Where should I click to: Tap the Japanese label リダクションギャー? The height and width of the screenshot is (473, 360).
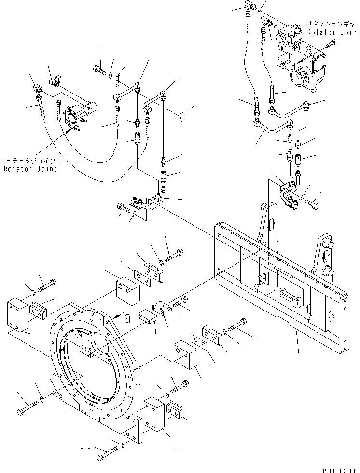(333, 23)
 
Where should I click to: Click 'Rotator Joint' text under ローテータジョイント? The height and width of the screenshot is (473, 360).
(30, 169)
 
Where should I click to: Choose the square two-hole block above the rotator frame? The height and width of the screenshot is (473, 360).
(127, 291)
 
